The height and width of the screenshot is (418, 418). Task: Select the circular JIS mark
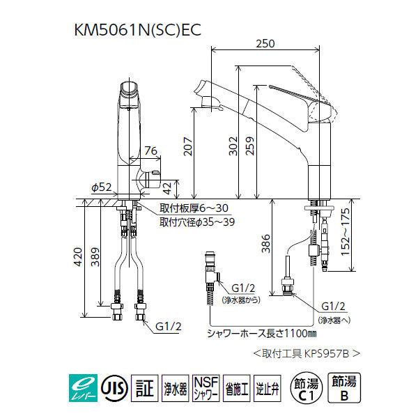109,385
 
